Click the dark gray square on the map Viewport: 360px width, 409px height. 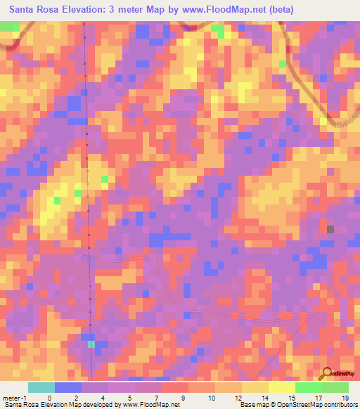coord(330,229)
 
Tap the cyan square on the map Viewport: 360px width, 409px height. coord(91,344)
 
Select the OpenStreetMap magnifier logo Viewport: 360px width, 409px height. coord(327,374)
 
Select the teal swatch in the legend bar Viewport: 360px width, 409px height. coord(41,387)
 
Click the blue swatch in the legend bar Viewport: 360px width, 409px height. coord(68,387)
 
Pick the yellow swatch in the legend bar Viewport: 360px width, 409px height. coord(282,387)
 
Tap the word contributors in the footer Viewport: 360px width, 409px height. coord(340,405)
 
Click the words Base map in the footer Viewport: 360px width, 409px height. coord(253,405)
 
